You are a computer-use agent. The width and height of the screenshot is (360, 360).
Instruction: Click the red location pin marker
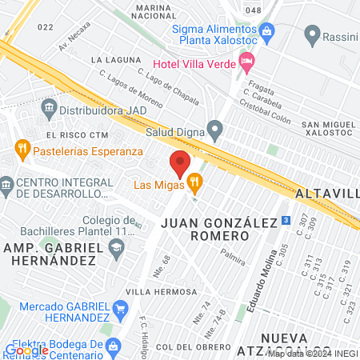tap(179, 163)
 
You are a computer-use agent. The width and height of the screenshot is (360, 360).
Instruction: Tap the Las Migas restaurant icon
tap(194, 186)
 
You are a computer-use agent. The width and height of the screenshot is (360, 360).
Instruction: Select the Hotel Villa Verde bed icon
tap(247, 61)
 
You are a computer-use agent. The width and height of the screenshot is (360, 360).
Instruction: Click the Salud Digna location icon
tap(214, 128)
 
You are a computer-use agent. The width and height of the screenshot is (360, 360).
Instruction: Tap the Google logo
tap(26, 350)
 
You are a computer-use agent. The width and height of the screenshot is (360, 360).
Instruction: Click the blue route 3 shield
tap(286, 221)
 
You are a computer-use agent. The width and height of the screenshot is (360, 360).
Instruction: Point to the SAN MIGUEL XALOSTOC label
tap(328, 131)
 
